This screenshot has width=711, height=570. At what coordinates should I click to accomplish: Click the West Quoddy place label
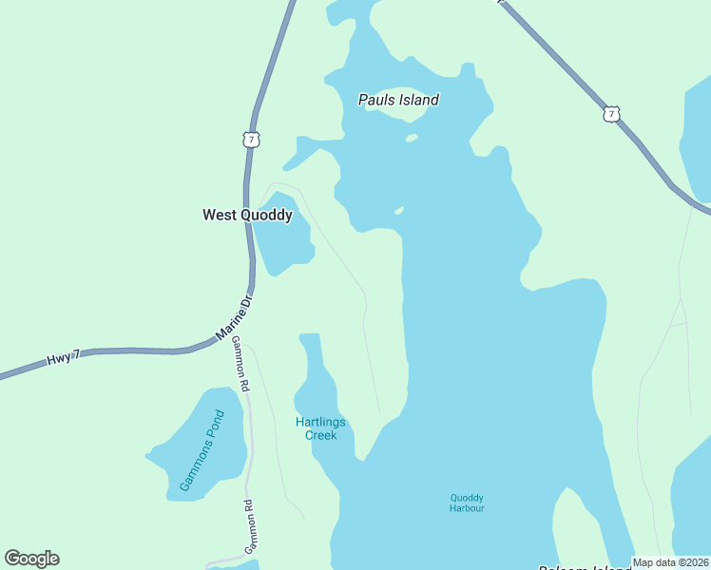coord(247,216)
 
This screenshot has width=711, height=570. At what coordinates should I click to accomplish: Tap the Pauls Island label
coord(398,100)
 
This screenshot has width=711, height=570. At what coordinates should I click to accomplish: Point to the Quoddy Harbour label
coord(467,503)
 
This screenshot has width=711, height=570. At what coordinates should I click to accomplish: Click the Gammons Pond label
coord(202,451)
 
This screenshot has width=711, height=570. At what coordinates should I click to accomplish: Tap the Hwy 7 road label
coord(64,358)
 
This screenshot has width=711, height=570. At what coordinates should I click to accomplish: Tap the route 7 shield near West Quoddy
coord(251,140)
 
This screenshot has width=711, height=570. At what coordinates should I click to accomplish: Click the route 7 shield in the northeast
coord(610,115)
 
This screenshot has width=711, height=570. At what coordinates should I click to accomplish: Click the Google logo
coord(31,559)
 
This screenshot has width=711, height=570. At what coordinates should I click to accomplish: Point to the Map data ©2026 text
coord(669,562)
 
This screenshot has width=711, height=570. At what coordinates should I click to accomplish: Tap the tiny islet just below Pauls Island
coord(412,138)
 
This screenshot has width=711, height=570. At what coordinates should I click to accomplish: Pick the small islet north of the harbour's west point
coord(399,210)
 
